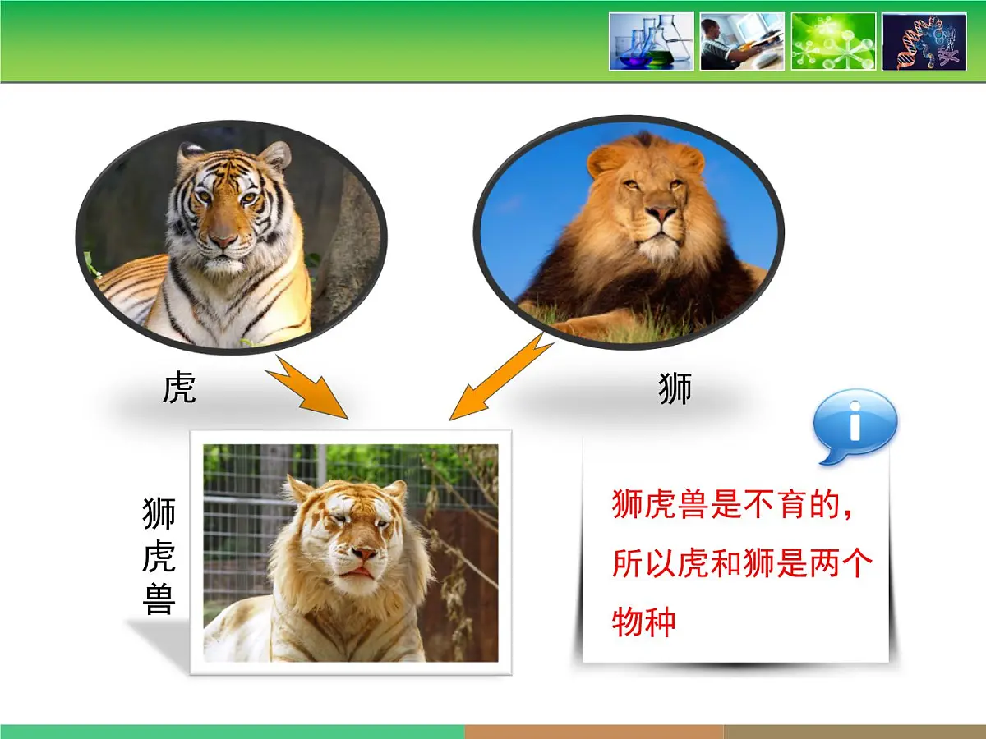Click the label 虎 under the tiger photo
tap(179, 388)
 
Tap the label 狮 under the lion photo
tap(675, 388)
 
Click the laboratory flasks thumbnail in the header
tap(651, 41)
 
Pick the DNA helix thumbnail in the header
tap(924, 41)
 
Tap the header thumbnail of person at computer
tap(741, 41)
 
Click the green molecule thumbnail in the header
tap(832, 41)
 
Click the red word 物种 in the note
tap(644, 622)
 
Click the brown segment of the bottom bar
tap(593, 732)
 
